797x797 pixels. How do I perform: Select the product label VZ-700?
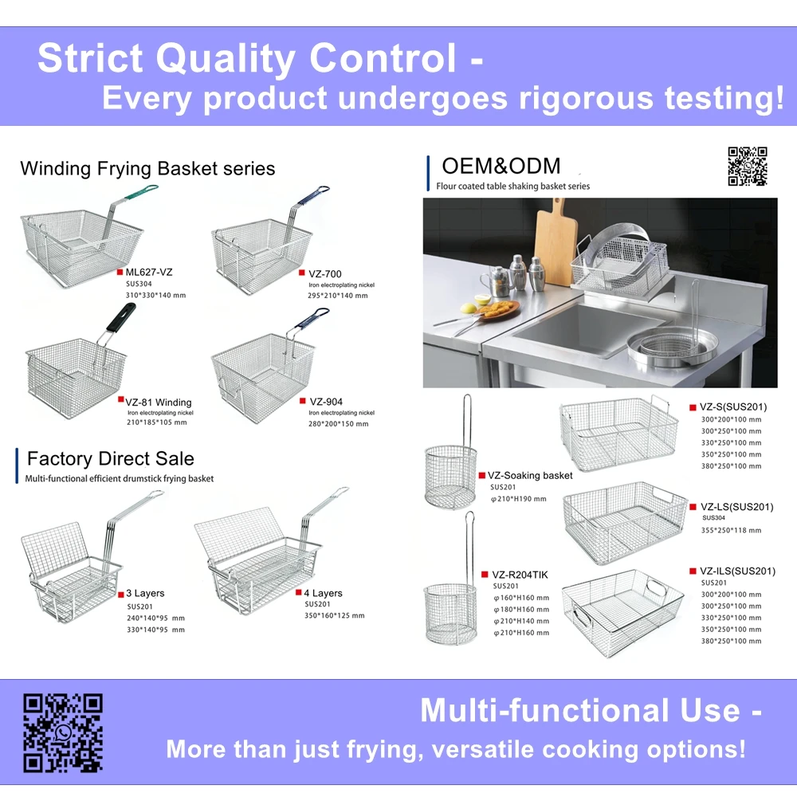(325, 274)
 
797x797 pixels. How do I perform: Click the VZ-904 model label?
(326, 402)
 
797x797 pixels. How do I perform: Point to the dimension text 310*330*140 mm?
(155, 295)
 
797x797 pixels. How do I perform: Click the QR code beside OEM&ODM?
(747, 167)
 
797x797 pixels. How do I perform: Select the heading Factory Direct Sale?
(110, 458)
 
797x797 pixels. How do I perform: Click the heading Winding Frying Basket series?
(147, 168)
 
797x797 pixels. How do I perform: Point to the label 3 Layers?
(145, 593)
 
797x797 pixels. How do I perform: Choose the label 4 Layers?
(323, 593)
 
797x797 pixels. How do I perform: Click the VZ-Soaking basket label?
(530, 475)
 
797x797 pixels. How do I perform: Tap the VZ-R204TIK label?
(520, 575)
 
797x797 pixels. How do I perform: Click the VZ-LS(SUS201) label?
(736, 506)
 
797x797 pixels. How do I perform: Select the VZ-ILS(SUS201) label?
(737, 571)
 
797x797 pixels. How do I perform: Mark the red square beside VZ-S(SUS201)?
(693, 408)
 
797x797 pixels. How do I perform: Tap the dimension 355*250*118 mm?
(731, 530)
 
